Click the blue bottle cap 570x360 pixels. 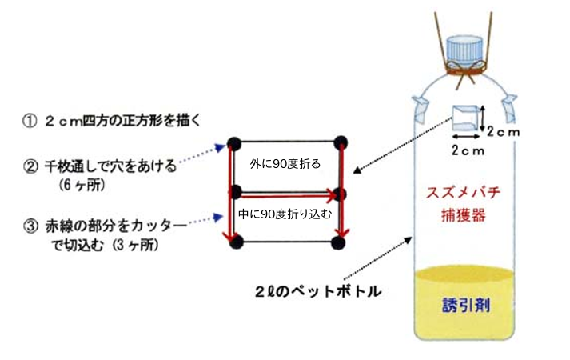[464, 49]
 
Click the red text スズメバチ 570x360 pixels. [463, 193]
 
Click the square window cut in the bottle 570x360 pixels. [467, 118]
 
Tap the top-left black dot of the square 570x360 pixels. [234, 143]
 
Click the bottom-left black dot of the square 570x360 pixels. [234, 242]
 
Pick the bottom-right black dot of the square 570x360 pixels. [341, 242]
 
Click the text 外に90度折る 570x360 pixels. [285, 163]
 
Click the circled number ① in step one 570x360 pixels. [30, 122]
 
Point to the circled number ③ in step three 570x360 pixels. [30, 226]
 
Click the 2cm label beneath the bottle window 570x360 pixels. [466, 150]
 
